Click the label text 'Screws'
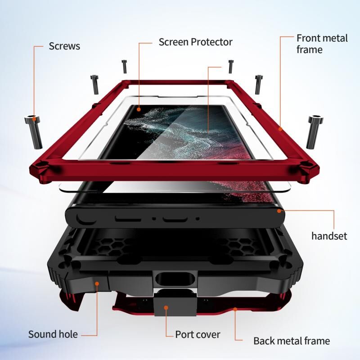click(64, 46)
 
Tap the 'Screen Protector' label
click(195, 42)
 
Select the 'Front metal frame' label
click(322, 44)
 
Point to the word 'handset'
click(329, 236)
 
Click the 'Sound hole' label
click(53, 334)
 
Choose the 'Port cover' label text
click(198, 334)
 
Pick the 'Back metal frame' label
click(292, 341)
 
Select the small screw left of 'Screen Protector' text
click(124, 66)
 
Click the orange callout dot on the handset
click(279, 210)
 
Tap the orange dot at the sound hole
click(96, 283)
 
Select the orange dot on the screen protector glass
click(139, 109)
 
